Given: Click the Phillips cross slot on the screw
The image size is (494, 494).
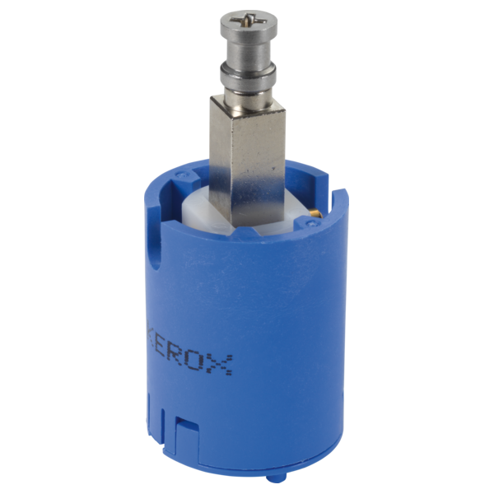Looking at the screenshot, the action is [248, 21].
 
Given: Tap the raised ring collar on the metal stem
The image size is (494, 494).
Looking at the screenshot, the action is [248, 75].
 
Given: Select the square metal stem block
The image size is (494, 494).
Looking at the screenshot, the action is [248, 161].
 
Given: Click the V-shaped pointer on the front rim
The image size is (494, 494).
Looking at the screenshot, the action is [249, 231].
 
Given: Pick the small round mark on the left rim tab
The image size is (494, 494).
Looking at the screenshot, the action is [180, 174].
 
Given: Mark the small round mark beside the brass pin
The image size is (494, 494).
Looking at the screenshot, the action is [312, 224].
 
